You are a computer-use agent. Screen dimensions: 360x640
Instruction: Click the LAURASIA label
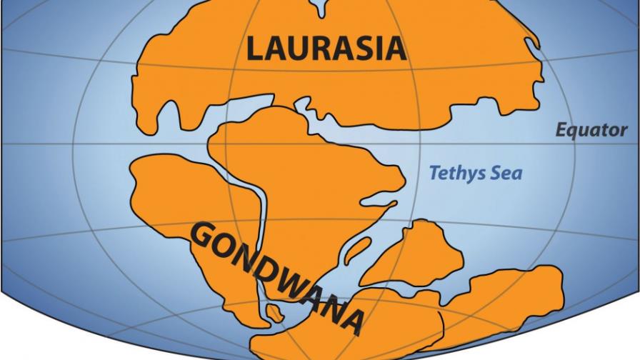[x=326, y=49]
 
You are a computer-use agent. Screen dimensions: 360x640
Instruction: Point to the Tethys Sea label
[x=475, y=172]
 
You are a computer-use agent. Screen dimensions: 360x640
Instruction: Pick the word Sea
[x=509, y=172]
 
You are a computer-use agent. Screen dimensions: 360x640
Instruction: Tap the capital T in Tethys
[x=433, y=172]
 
